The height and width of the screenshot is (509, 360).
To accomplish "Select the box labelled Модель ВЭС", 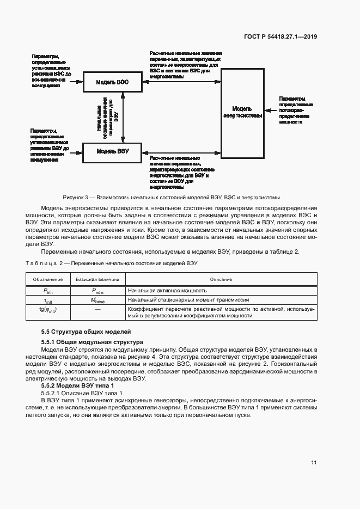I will [112, 82].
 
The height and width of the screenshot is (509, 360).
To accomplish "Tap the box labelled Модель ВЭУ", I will [112, 151].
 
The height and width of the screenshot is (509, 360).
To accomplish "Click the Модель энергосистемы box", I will [242, 113].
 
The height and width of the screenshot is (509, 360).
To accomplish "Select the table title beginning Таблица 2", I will [112, 263].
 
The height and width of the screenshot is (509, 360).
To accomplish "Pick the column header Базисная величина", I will [97, 279].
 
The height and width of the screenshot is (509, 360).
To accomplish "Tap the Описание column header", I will [221, 279].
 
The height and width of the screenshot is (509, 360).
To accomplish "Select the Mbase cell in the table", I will [97, 300].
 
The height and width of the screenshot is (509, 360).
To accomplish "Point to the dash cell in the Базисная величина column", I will [97, 309].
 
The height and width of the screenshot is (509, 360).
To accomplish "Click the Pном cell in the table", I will [97, 291].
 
